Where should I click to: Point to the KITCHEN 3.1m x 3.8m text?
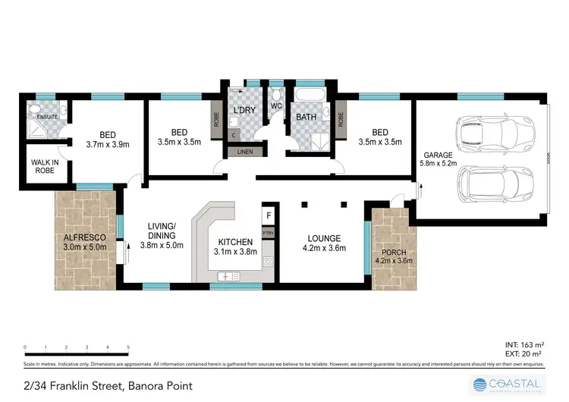click(234, 247)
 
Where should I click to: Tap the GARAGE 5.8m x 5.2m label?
click(438, 159)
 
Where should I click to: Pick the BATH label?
click(307, 117)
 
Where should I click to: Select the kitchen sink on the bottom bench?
click(228, 276)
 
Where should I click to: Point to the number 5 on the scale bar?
click(128, 347)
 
